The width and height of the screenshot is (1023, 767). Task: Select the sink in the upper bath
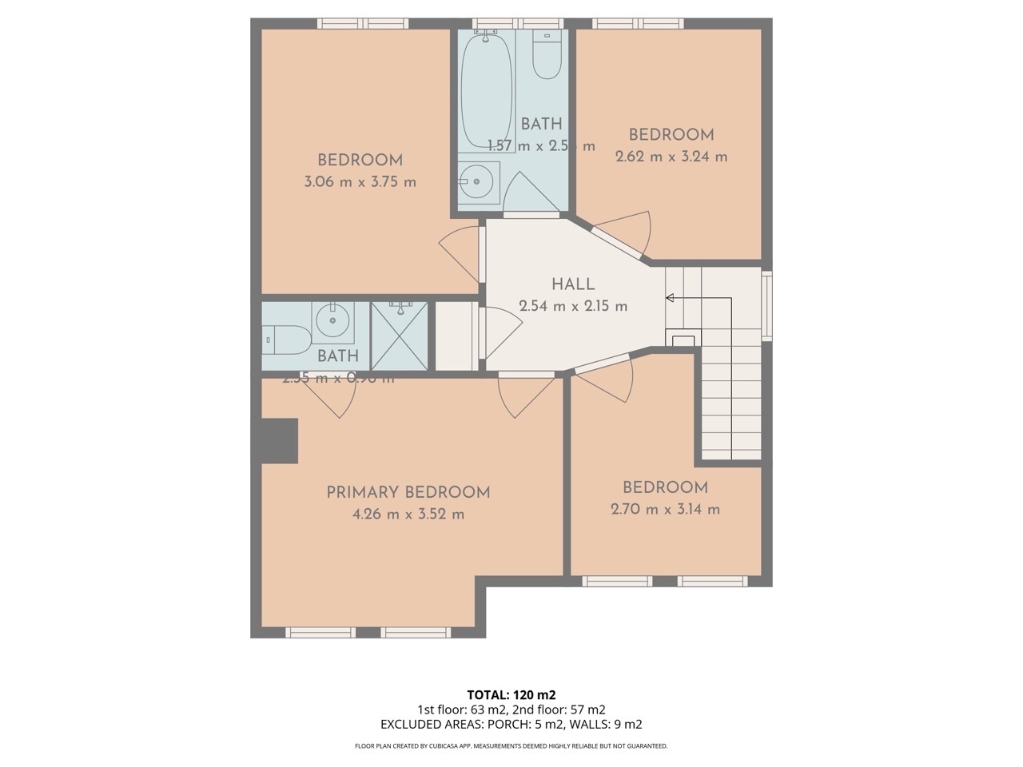click(478, 182)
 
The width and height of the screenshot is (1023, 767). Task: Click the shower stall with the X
click(400, 336)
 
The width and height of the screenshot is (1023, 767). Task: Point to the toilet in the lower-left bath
click(286, 340)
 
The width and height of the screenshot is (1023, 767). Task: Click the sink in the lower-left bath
click(332, 321)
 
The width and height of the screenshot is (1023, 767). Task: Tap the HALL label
click(573, 284)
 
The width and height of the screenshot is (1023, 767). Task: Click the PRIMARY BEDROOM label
click(408, 492)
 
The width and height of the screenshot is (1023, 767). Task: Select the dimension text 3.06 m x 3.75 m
click(360, 182)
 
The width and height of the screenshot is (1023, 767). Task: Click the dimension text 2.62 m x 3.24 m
click(671, 157)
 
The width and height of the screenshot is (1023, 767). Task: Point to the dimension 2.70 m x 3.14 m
click(665, 509)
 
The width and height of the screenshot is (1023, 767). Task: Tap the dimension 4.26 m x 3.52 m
click(408, 515)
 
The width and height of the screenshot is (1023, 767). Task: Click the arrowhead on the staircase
click(670, 298)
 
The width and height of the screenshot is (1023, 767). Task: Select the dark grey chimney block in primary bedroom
click(279, 440)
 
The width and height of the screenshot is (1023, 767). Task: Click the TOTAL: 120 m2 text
click(511, 694)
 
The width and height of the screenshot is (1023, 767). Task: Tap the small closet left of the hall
click(456, 336)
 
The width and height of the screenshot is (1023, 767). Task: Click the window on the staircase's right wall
click(766, 306)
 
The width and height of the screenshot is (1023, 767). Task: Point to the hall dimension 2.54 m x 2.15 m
click(573, 306)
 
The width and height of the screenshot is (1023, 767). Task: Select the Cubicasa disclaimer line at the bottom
click(511, 746)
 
